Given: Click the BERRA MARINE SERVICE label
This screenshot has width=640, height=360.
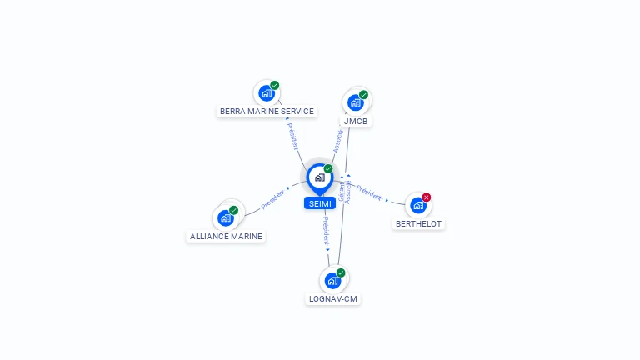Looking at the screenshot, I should pos(267,111).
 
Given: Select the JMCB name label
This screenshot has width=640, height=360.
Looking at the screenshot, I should pos(357,121).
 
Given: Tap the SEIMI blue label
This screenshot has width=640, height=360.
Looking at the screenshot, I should pos(320,203).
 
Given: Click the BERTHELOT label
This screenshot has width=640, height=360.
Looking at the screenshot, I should pos(418,223).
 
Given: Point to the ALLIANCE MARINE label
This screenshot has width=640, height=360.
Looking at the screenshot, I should pos(226,236).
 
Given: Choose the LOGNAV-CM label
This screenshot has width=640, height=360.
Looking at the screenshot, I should pos(333,298).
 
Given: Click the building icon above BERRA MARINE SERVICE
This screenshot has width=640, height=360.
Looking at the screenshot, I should pos(267,93).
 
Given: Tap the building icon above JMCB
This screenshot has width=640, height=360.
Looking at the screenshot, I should pos(356,102).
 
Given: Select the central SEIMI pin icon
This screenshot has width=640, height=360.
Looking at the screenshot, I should pos(319,177).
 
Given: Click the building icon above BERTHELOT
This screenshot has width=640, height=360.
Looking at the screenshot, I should pos(417,205).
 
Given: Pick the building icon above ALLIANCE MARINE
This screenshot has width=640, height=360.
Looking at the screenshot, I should pos(225,217).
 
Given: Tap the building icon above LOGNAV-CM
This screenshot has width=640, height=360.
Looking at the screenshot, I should pos(332,280).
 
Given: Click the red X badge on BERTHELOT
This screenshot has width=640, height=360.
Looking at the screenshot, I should pos(427,197).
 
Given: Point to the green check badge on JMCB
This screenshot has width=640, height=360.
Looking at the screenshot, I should pos(363,95).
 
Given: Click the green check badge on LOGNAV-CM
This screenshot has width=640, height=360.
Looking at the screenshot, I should pos(340,272).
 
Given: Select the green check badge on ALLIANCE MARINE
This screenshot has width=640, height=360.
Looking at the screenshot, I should pos(233,210).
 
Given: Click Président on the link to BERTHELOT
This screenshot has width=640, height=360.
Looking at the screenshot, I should pos(369,196).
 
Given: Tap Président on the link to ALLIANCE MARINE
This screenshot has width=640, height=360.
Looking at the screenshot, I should pos(272,201).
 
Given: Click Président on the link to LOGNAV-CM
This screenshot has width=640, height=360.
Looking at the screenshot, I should pos(326,230).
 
